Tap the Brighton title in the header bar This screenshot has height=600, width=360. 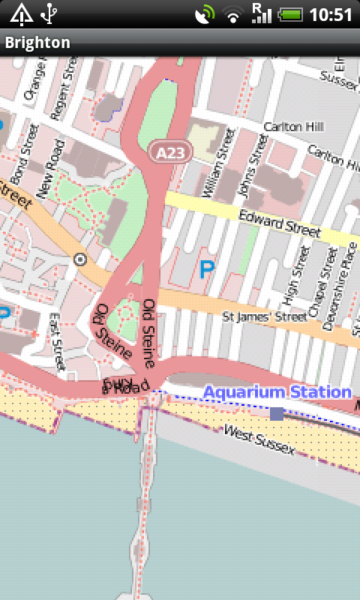click(x=37, y=43)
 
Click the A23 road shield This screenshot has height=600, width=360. click(x=169, y=152)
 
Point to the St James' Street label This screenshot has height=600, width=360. click(x=265, y=318)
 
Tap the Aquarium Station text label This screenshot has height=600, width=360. click(x=277, y=392)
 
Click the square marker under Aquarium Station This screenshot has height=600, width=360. click(x=277, y=413)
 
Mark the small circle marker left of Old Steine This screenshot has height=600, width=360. click(x=80, y=259)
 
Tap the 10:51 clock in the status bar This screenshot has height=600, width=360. click(x=331, y=14)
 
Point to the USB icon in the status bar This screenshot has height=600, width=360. click(x=49, y=14)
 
